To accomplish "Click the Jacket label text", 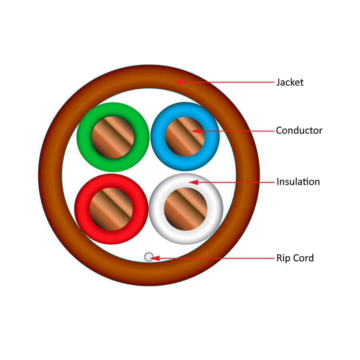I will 290,82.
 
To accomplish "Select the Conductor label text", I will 299,130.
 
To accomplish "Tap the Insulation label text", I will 298,182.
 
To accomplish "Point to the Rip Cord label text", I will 295,258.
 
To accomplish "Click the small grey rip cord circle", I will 148,257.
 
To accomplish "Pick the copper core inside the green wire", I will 113,137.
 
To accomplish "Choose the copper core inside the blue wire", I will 185,136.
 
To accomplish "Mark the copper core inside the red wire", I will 111,209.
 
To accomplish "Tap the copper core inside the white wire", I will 185,209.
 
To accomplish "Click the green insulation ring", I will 85,137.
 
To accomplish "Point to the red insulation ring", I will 82,209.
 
